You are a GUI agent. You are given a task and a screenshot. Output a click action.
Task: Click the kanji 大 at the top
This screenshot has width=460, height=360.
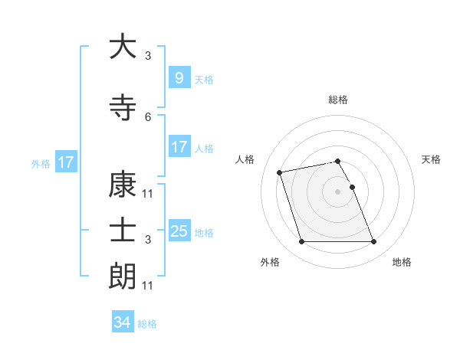123,47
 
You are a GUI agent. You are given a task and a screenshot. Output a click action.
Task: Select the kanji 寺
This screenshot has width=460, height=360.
123,107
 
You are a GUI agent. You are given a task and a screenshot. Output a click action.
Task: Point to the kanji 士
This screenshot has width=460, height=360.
123,231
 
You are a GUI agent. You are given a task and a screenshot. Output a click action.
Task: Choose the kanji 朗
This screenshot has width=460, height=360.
123,277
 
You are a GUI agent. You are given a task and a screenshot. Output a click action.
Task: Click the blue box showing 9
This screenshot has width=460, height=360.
179,77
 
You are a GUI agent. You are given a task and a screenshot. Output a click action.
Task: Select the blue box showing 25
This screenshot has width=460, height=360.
179,231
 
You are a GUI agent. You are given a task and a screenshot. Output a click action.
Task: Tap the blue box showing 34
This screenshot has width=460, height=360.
122,322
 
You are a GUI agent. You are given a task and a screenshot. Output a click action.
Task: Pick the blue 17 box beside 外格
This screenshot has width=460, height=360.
65,162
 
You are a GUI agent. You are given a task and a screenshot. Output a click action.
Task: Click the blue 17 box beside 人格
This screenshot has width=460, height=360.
179,147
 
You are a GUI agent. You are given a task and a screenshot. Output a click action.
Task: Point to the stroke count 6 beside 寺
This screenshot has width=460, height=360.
148,116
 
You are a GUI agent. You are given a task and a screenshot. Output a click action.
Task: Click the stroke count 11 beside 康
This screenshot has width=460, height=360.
148,193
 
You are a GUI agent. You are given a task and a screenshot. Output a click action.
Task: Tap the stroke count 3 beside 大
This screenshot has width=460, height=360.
148,55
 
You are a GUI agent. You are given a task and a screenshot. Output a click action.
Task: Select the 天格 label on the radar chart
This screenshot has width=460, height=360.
432,159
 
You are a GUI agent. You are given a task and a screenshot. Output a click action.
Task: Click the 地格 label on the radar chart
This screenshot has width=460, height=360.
402,262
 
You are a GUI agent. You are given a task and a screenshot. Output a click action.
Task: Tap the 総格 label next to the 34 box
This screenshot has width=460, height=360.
147,324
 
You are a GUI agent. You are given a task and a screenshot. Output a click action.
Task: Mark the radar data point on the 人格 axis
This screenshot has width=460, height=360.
280,172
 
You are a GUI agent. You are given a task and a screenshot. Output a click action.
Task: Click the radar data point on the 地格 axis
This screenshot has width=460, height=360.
373,242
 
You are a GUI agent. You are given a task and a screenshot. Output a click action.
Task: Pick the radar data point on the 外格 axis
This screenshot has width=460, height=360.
301,242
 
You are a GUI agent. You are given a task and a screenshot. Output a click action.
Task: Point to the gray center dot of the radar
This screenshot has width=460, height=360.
337,191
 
